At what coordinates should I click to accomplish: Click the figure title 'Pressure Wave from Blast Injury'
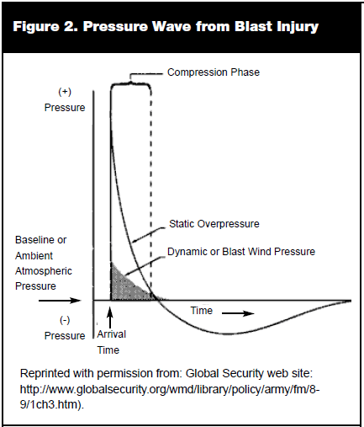tap(201, 27)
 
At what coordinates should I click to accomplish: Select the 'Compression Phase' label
tap(214, 72)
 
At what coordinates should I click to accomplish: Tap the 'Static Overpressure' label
tap(214, 224)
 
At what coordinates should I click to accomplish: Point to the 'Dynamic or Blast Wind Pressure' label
tap(241, 252)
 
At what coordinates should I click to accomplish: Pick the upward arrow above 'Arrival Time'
tap(110, 318)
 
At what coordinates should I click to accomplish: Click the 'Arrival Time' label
tap(111, 342)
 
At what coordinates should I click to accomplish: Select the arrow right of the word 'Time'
tap(238, 313)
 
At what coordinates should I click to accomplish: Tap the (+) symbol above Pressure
tap(65, 92)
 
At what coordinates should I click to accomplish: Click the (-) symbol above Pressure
tap(65, 320)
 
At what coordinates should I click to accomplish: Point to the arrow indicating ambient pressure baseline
tap(60, 301)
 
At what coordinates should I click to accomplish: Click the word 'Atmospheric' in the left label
tap(44, 271)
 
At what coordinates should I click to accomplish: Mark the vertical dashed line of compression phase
tap(150, 191)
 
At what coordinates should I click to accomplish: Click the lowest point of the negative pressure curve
tap(226, 334)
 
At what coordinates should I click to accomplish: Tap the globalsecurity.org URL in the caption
tap(170, 397)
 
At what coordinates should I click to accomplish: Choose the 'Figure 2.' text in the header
tap(45, 27)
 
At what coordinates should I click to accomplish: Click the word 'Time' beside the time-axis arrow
tap(202, 311)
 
